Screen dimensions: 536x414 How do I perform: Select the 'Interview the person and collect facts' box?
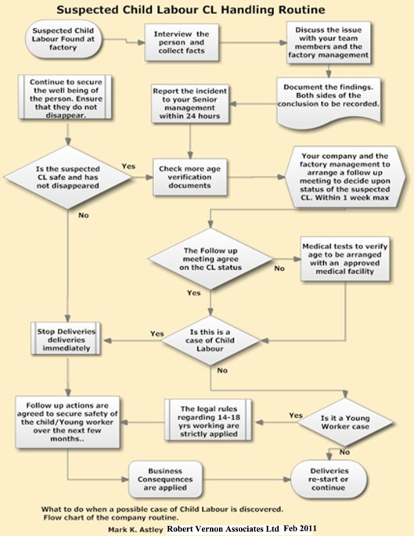coord(186,41)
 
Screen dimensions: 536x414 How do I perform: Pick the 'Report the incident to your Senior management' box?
coord(186,103)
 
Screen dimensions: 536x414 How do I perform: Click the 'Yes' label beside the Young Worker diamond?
coord(296,415)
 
